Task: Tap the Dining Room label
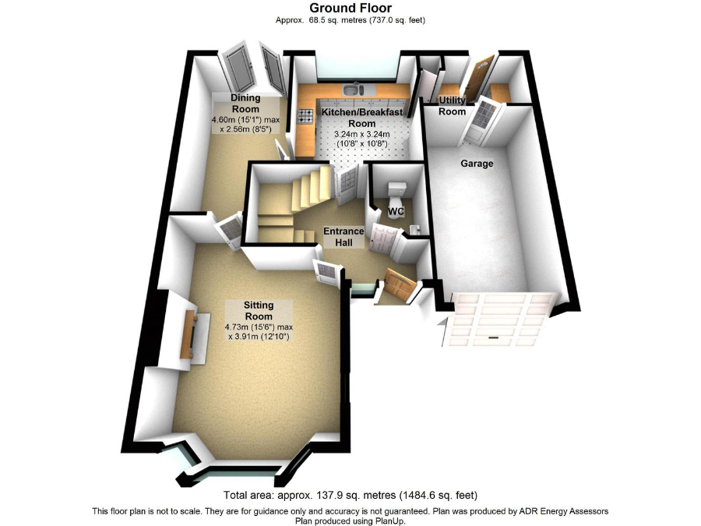[x=245, y=104]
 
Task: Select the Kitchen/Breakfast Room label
[x=362, y=118]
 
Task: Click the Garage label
[x=477, y=164]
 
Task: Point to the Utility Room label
[x=452, y=105]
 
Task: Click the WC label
[x=396, y=211]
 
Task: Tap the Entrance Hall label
[x=343, y=237]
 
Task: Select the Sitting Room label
[x=259, y=310]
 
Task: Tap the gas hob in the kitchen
[x=306, y=116]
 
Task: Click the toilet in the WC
[x=396, y=192]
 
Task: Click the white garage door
[x=500, y=319]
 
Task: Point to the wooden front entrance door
[x=400, y=283]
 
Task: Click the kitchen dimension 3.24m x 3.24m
[x=362, y=134]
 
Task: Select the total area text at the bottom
[x=350, y=496]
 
